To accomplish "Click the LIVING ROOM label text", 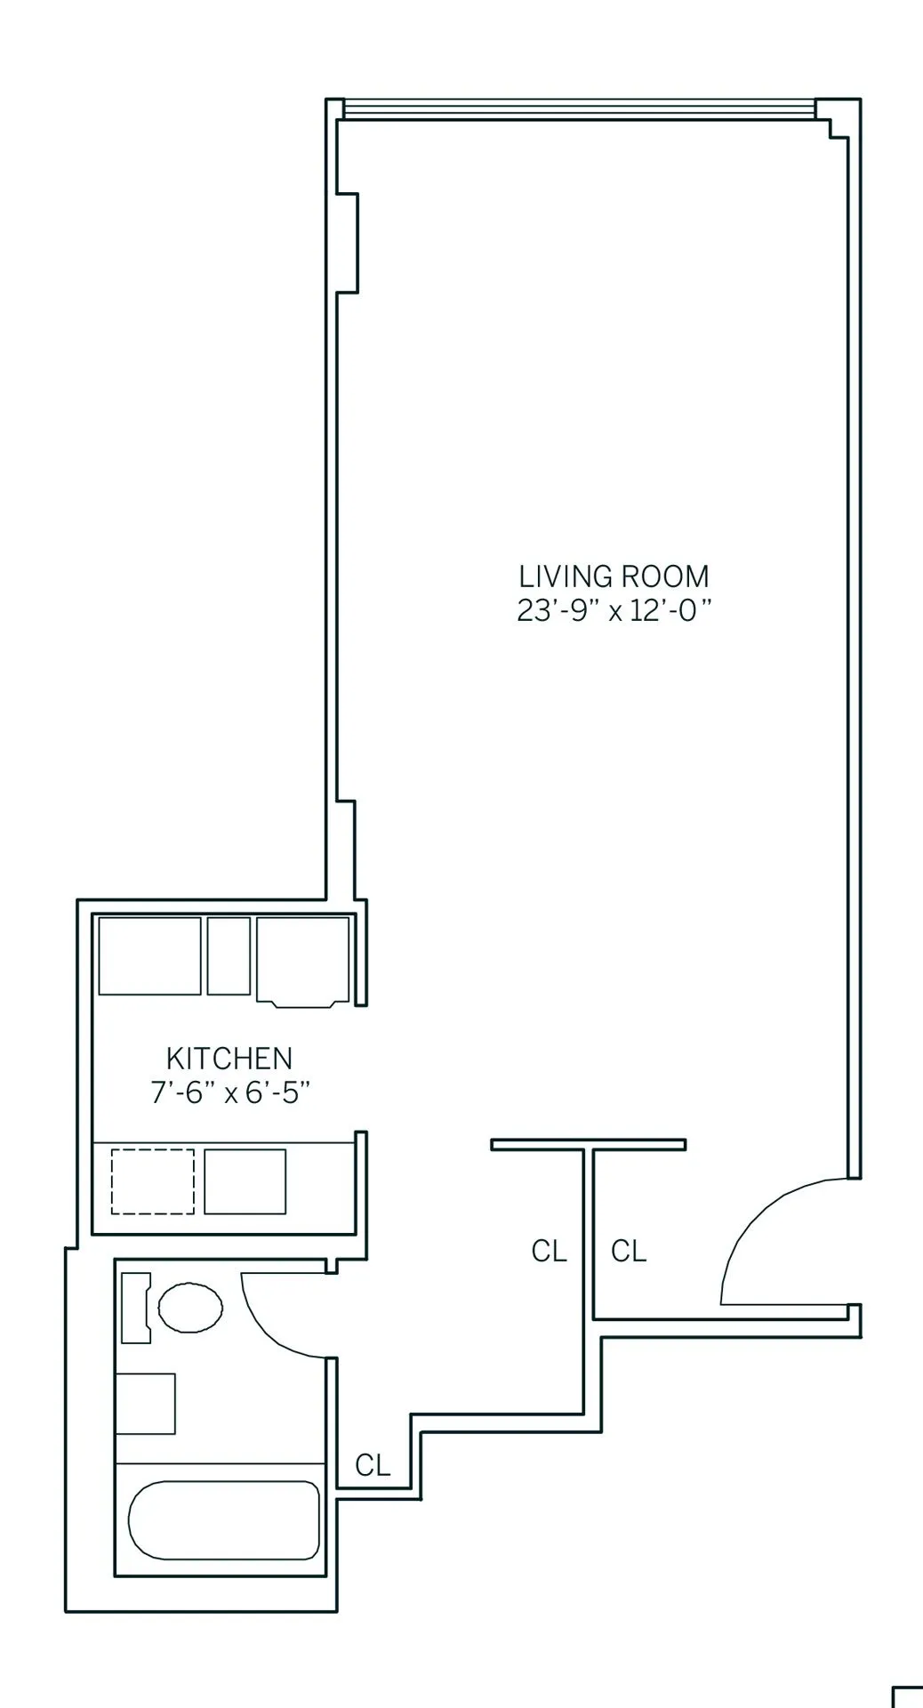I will click(614, 576).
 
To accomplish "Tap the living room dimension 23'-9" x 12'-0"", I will click(614, 611).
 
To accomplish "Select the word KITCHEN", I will click(229, 1059).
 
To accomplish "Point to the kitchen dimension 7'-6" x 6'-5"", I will click(229, 1092).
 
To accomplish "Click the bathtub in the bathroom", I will click(223, 1520).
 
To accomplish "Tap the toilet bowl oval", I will click(190, 1307).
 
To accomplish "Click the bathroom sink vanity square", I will click(146, 1404).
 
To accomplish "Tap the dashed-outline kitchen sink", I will click(153, 1181).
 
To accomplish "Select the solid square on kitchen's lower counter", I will click(245, 1181).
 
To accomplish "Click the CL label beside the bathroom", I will click(373, 1465).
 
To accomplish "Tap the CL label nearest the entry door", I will click(629, 1252).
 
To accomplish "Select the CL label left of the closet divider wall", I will click(549, 1252).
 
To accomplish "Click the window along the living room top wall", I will click(578, 109).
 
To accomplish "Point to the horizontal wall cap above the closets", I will click(588, 1145).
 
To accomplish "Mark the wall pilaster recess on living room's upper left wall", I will click(348, 242).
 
